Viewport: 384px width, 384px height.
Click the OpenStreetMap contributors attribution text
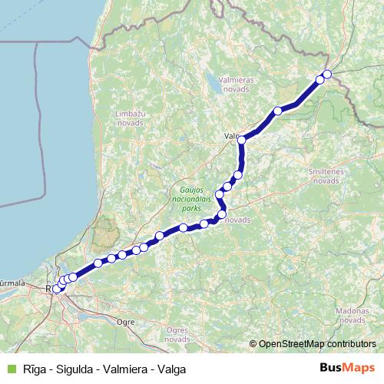pos(318,343)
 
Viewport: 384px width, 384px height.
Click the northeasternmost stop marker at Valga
pos(327,74)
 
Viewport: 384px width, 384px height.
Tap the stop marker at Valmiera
pos(242,140)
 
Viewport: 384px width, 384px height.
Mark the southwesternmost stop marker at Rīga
pos(56,290)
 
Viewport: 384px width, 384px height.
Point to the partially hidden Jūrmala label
pos(14,283)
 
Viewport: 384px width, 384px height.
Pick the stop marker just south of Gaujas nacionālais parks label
pos(221,215)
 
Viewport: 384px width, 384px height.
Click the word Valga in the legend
pos(172,369)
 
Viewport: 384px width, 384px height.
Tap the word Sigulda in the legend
pos(74,369)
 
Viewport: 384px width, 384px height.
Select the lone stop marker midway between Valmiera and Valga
pos(278,111)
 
